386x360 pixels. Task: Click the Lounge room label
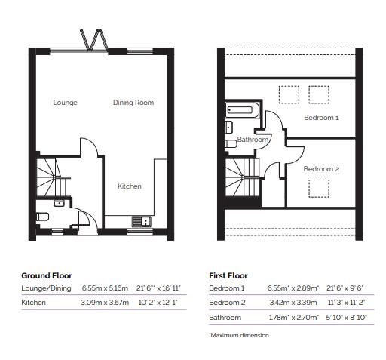click(66, 103)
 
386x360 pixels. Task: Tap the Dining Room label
click(133, 103)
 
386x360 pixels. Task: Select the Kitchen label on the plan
click(129, 186)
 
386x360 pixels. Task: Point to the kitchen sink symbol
click(141, 221)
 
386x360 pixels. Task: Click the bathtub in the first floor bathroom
click(242, 111)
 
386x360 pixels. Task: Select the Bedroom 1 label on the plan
click(321, 118)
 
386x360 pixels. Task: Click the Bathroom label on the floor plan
click(253, 140)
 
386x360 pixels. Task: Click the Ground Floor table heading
click(47, 275)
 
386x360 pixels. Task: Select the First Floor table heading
click(228, 275)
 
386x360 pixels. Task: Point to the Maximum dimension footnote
click(239, 335)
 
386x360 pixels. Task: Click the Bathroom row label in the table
click(225, 318)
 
